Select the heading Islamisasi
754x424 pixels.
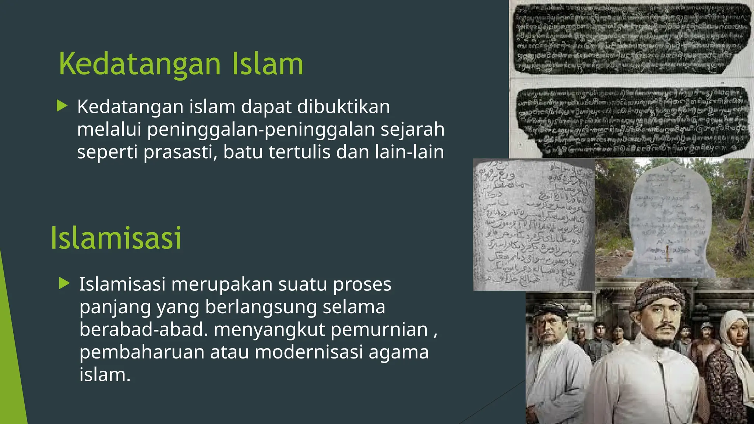[116, 238]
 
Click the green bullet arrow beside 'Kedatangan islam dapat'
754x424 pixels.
[62, 106]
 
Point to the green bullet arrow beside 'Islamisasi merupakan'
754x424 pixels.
[64, 284]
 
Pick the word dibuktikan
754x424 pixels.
[343, 107]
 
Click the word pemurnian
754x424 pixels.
[379, 329]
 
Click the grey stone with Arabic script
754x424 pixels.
[533, 225]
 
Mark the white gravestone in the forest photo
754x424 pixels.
[670, 221]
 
